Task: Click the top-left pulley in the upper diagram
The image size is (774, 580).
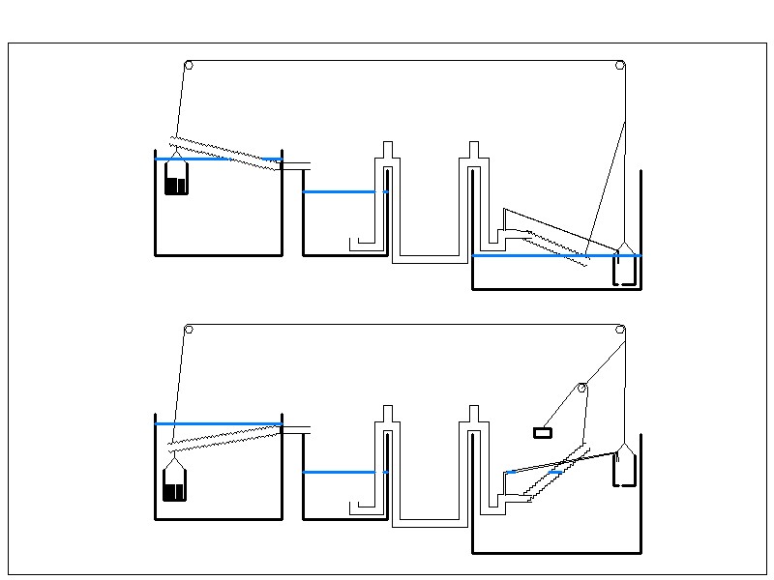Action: point(189,66)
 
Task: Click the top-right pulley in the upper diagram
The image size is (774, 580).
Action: point(620,66)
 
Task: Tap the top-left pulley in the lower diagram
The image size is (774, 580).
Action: point(189,330)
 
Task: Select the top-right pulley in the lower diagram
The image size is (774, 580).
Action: point(620,330)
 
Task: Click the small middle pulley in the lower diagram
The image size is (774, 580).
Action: point(582,388)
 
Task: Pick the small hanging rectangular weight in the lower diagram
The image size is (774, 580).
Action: point(543,432)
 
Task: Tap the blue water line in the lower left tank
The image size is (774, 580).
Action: point(218,423)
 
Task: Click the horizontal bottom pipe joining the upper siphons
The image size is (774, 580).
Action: point(430,260)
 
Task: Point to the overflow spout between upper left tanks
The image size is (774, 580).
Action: point(295,165)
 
